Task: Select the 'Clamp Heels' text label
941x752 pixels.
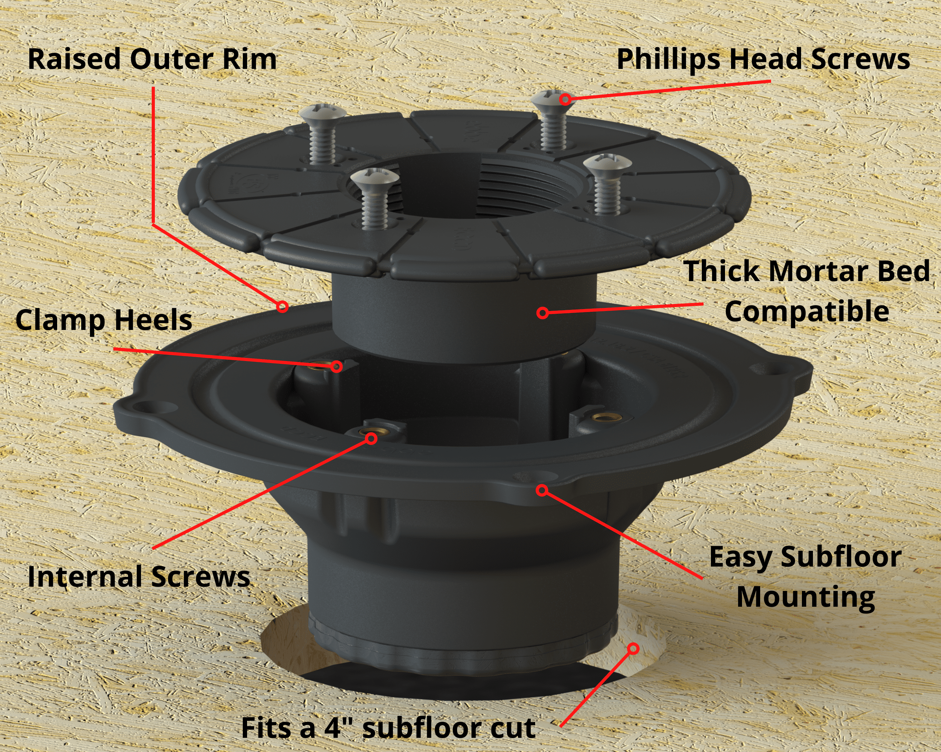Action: pyautogui.click(x=104, y=320)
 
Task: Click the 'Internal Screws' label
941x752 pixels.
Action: pyautogui.click(x=139, y=576)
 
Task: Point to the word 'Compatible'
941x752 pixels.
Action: pyautogui.click(x=807, y=311)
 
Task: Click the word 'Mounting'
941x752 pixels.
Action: pyautogui.click(x=806, y=597)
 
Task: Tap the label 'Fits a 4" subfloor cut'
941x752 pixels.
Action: pyautogui.click(x=388, y=728)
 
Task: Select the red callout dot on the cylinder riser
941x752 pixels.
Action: pyautogui.click(x=543, y=312)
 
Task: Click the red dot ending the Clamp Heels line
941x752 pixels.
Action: pyautogui.click(x=336, y=366)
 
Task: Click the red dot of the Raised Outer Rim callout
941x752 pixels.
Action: pyautogui.click(x=283, y=307)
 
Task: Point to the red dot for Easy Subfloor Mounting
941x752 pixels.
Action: pyautogui.click(x=542, y=491)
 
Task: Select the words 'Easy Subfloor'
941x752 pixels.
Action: pyautogui.click(x=805, y=557)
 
